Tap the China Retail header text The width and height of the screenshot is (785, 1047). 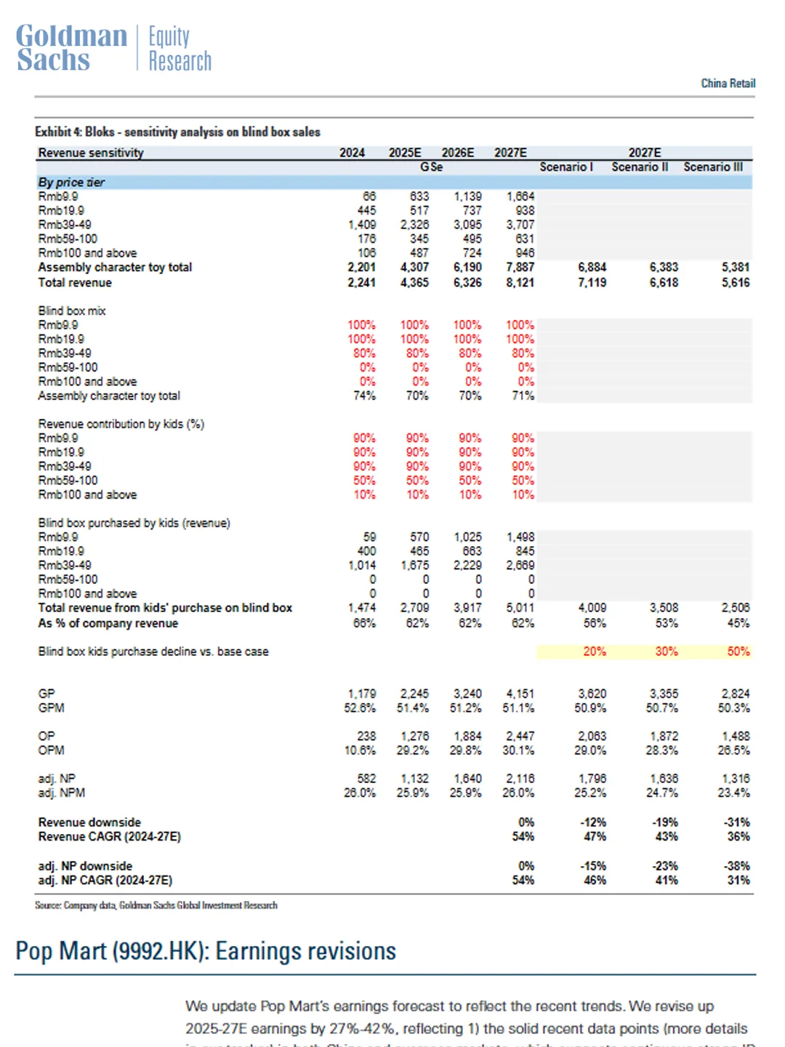728,84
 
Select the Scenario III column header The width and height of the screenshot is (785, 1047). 712,167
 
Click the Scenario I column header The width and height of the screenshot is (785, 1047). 566,167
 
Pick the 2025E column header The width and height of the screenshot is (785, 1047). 405,153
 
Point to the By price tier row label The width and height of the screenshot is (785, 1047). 71,182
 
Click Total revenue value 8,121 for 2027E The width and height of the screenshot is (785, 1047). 520,283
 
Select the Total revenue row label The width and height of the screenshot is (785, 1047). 75,283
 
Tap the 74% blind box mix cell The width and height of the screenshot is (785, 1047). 364,396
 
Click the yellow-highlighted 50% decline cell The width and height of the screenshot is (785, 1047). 738,651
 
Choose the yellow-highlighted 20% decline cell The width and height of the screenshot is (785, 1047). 594,651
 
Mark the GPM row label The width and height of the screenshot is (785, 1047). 52,708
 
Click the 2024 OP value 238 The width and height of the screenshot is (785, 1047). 366,737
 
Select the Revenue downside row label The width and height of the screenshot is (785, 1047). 89,822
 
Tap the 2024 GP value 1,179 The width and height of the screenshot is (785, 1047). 361,694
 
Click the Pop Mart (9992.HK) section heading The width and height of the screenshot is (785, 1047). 206,951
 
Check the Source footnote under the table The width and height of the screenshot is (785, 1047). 156,906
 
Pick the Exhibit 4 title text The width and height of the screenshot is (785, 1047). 177,132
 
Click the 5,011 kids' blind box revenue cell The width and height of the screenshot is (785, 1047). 520,608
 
